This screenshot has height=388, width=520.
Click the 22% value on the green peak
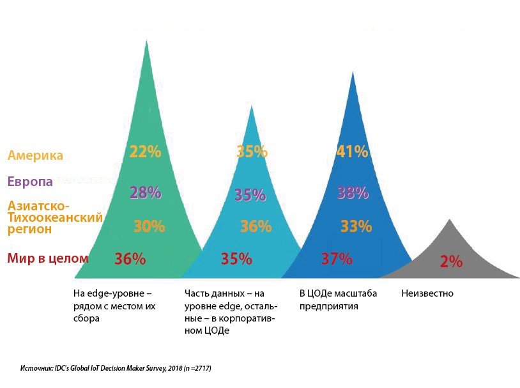coord(145,152)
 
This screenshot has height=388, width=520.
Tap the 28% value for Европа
coord(145,192)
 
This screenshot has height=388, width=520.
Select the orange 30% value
coord(149,226)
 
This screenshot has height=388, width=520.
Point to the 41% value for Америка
coord(352,152)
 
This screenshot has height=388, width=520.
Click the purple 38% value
coord(353,192)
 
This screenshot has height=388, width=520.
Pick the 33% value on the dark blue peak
coord(356,226)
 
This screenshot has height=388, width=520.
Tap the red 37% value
coord(336,259)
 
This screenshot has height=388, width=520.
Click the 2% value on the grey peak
coord(451,261)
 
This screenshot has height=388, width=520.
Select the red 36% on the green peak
coord(130,259)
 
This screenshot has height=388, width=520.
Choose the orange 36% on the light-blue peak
coord(256,226)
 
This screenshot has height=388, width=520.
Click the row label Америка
coord(35,155)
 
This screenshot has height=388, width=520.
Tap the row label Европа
coord(30,182)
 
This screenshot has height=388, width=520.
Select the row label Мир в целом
coord(48,259)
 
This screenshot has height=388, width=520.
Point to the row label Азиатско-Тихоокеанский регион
coord(54,217)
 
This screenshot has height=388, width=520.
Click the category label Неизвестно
coord(427,293)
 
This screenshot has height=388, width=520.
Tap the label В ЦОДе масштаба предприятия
coord(338,300)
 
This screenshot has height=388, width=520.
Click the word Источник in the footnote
coord(36,369)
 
